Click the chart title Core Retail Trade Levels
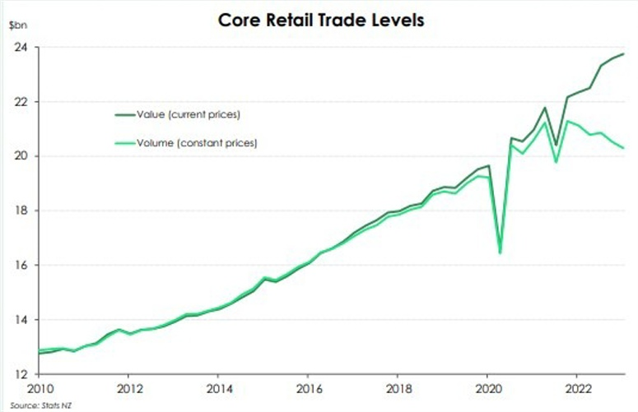point(320,19)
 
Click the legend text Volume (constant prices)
point(198,143)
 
